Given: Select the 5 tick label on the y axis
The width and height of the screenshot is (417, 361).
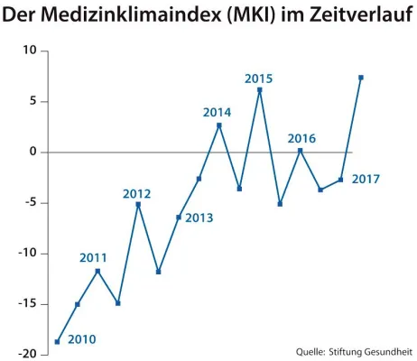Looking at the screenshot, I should [x=32, y=101].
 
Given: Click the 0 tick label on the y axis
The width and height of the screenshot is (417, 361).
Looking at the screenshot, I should [x=32, y=152].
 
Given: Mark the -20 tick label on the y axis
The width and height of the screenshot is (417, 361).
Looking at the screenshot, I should [x=26, y=354].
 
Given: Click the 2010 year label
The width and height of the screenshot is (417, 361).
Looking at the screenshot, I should [x=81, y=340].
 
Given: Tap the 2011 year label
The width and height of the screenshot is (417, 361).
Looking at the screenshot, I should [x=93, y=258].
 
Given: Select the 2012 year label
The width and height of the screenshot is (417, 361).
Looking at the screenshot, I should [x=136, y=193].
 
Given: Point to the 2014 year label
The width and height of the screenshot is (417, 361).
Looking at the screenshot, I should [x=217, y=113].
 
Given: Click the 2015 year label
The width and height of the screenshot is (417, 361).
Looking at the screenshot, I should [x=259, y=79].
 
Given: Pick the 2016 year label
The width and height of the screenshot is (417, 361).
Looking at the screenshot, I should [x=301, y=138].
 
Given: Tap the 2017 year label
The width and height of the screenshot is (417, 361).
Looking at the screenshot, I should [x=366, y=179].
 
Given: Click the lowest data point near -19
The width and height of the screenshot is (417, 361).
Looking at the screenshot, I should [x=57, y=341].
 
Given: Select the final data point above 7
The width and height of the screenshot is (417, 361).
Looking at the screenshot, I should [x=361, y=78].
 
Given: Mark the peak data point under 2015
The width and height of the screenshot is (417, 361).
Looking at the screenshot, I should [x=260, y=89].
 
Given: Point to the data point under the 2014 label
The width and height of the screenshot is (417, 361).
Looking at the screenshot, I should [x=219, y=125].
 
